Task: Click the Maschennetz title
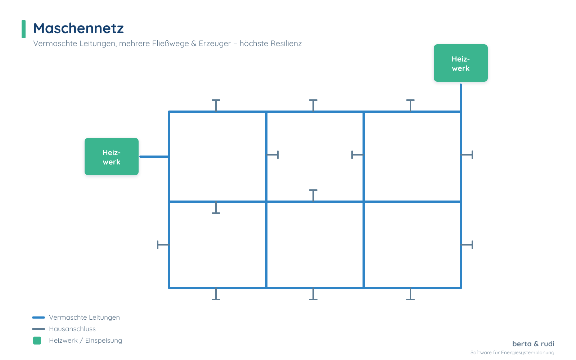coord(78,28)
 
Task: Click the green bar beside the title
coord(23,29)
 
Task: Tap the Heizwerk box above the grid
coord(460,63)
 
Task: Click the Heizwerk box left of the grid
coord(112,157)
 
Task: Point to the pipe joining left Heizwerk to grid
coord(154,156)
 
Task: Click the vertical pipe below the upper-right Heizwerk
coord(460,98)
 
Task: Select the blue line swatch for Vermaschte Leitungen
coord(39,317)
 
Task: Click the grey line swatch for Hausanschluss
coord(39,329)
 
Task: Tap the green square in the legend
coord(37,341)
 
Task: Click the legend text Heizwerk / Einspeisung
coord(86,341)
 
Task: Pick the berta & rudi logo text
coord(533,344)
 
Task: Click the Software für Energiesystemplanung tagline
coord(512,352)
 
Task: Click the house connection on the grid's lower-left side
coord(163,245)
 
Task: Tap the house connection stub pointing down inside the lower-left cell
coord(216,208)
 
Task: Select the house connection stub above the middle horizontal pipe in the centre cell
coord(313,195)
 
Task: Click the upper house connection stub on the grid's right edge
coord(467,155)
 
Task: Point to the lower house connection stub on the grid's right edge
coord(467,245)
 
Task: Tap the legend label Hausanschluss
coord(72,329)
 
